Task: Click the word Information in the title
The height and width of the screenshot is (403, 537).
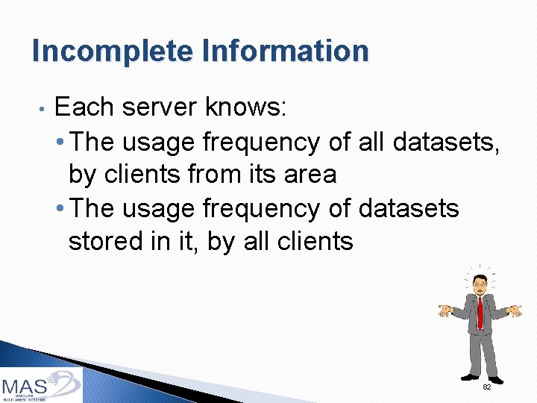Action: (x=285, y=51)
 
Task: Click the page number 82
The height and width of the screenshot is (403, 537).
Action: (x=486, y=387)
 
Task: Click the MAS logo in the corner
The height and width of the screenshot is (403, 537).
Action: (x=41, y=384)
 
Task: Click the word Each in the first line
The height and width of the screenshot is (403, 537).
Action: (x=85, y=107)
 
